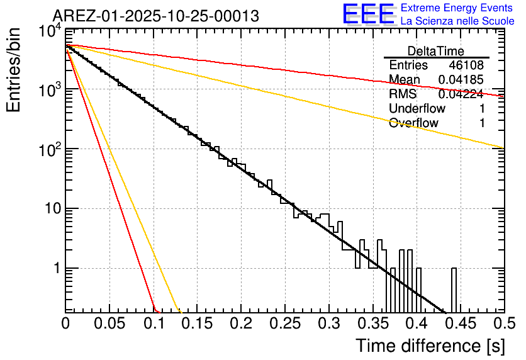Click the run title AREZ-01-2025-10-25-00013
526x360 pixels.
click(155, 16)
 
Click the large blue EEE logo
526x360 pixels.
click(368, 14)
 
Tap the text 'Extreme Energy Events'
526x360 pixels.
click(457, 8)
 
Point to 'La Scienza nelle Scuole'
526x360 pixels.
click(457, 21)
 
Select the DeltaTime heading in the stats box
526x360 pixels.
click(436, 51)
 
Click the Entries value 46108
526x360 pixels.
click(467, 65)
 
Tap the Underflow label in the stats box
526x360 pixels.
click(417, 109)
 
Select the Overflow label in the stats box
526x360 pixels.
click(413, 123)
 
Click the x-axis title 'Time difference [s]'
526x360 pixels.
click(430, 346)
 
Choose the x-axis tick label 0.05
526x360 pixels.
click(109, 323)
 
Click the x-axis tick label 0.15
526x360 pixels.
click(197, 323)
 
